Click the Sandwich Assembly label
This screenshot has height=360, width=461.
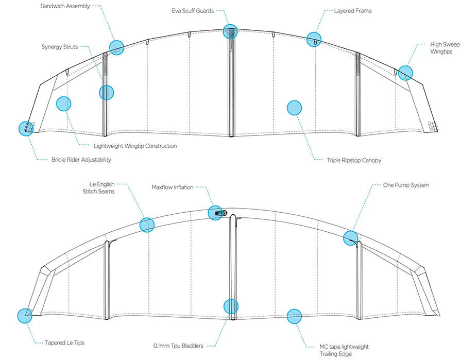click(65, 6)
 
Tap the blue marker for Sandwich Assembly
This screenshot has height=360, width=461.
click(117, 47)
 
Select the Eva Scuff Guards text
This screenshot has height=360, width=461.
click(193, 11)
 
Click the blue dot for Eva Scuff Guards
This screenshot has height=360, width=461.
click(230, 31)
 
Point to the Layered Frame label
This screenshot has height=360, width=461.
click(353, 11)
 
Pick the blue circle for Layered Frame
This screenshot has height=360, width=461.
click(314, 39)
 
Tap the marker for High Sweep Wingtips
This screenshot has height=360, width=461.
click(405, 73)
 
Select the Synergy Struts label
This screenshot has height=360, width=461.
click(60, 47)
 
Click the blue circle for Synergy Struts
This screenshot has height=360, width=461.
click(107, 93)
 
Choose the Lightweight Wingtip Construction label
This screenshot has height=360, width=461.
click(135, 146)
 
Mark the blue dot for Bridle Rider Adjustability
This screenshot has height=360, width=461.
click(26, 128)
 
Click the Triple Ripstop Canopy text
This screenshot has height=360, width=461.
click(354, 161)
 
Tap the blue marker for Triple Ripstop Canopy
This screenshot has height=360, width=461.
click(294, 108)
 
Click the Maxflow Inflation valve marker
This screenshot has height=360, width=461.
click(215, 213)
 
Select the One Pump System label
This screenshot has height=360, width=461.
click(406, 185)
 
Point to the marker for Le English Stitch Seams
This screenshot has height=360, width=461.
click(147, 225)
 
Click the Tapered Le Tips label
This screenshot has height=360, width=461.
click(64, 342)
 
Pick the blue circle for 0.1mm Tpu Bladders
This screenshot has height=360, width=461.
click(231, 306)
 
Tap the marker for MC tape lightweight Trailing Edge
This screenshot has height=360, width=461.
click(294, 316)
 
